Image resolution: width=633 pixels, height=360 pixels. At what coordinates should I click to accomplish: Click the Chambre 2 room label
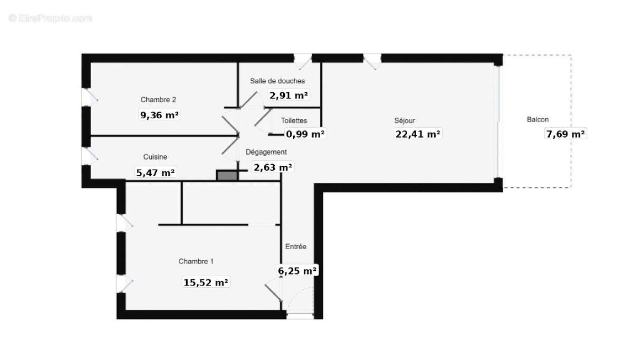[158, 100]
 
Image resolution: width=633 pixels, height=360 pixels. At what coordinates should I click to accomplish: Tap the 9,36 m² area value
[159, 115]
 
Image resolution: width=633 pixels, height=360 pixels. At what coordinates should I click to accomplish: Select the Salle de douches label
[277, 81]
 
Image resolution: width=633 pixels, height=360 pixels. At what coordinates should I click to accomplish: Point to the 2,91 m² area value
[289, 96]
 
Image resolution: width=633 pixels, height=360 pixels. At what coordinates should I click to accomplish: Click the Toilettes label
[294, 120]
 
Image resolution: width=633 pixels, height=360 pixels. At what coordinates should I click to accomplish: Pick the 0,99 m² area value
[305, 134]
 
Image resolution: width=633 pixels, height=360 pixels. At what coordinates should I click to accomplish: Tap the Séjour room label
[405, 120]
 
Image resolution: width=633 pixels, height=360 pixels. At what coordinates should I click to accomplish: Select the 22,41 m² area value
[418, 134]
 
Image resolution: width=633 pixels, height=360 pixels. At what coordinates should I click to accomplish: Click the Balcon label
[538, 119]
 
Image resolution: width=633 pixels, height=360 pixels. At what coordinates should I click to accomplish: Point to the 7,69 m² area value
[565, 134]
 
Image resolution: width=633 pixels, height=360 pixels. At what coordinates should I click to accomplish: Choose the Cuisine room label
[155, 157]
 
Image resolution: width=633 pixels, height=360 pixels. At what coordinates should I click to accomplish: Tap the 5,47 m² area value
[156, 172]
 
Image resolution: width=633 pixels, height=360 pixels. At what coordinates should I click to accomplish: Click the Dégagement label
[266, 152]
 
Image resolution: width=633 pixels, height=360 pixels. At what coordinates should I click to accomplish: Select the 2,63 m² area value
[273, 167]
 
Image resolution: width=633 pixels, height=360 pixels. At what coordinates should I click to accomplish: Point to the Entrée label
[296, 247]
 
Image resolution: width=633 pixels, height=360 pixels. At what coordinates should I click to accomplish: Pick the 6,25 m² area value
[297, 271]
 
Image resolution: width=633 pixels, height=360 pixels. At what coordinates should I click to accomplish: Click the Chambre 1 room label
[196, 261]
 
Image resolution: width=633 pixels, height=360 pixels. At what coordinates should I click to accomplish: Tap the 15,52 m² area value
[206, 282]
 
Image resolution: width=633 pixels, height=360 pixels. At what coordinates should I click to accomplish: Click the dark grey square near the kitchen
[227, 175]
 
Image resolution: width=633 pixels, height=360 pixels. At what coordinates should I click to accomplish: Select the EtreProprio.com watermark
[50, 18]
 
